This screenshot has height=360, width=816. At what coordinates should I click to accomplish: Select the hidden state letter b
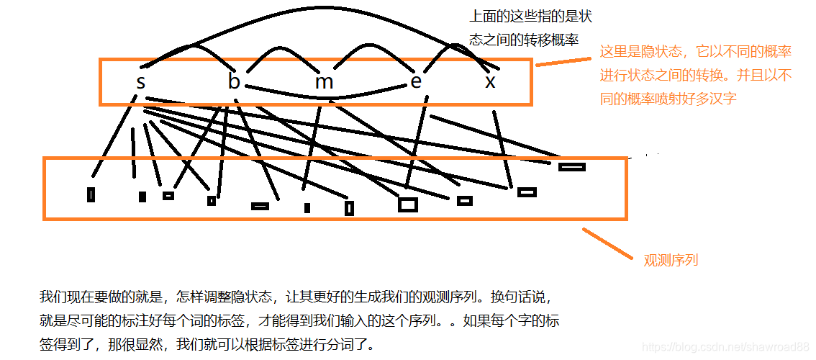coord(234,82)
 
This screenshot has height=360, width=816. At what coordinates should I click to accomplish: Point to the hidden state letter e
coord(416,81)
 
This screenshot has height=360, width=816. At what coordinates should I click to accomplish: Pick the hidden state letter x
coord(490,82)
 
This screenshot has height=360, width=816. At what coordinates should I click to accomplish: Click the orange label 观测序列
coord(671,260)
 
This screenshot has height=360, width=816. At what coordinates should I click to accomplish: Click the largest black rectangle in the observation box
coord(407,204)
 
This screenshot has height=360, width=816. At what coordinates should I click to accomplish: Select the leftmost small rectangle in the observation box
coord(91,194)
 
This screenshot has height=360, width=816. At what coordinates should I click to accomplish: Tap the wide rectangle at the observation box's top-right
coord(572,167)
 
